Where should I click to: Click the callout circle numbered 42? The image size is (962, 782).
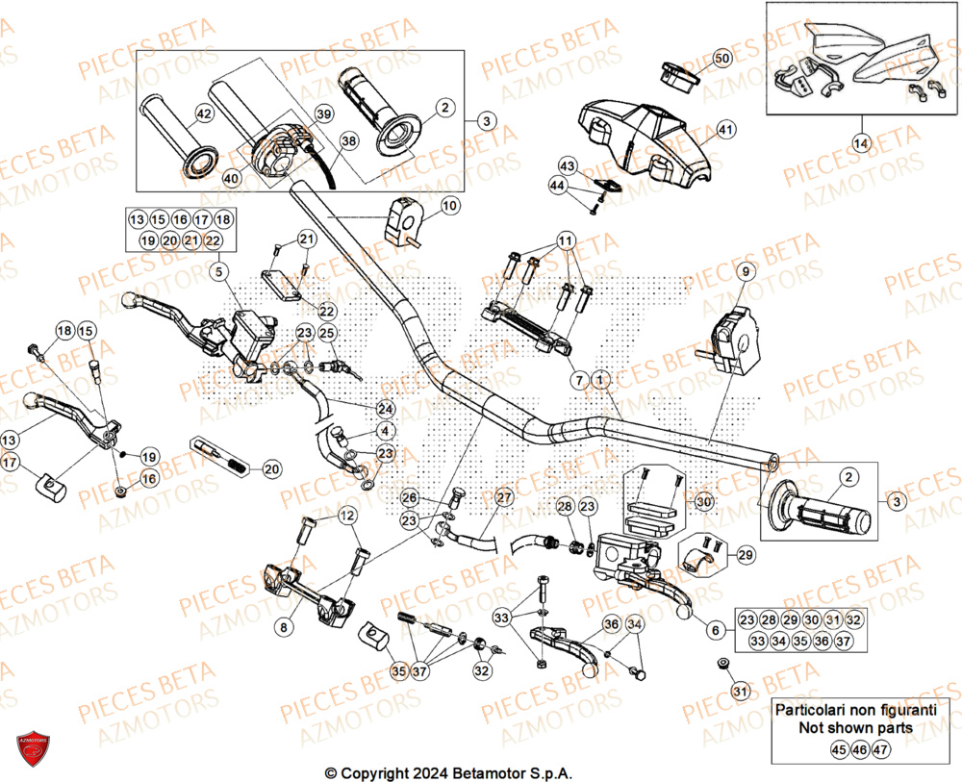(203, 114)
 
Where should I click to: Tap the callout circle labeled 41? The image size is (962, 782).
(724, 129)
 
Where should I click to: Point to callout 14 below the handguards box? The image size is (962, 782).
(860, 143)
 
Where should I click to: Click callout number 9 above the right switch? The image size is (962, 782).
(744, 273)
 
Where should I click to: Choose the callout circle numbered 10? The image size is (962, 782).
(449, 205)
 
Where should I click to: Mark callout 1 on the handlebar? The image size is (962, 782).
(601, 381)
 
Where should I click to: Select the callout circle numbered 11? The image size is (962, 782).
(565, 240)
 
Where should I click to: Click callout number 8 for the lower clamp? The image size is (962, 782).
(282, 627)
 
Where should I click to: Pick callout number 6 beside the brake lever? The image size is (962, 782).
(714, 630)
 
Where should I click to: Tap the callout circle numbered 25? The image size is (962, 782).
(327, 334)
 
